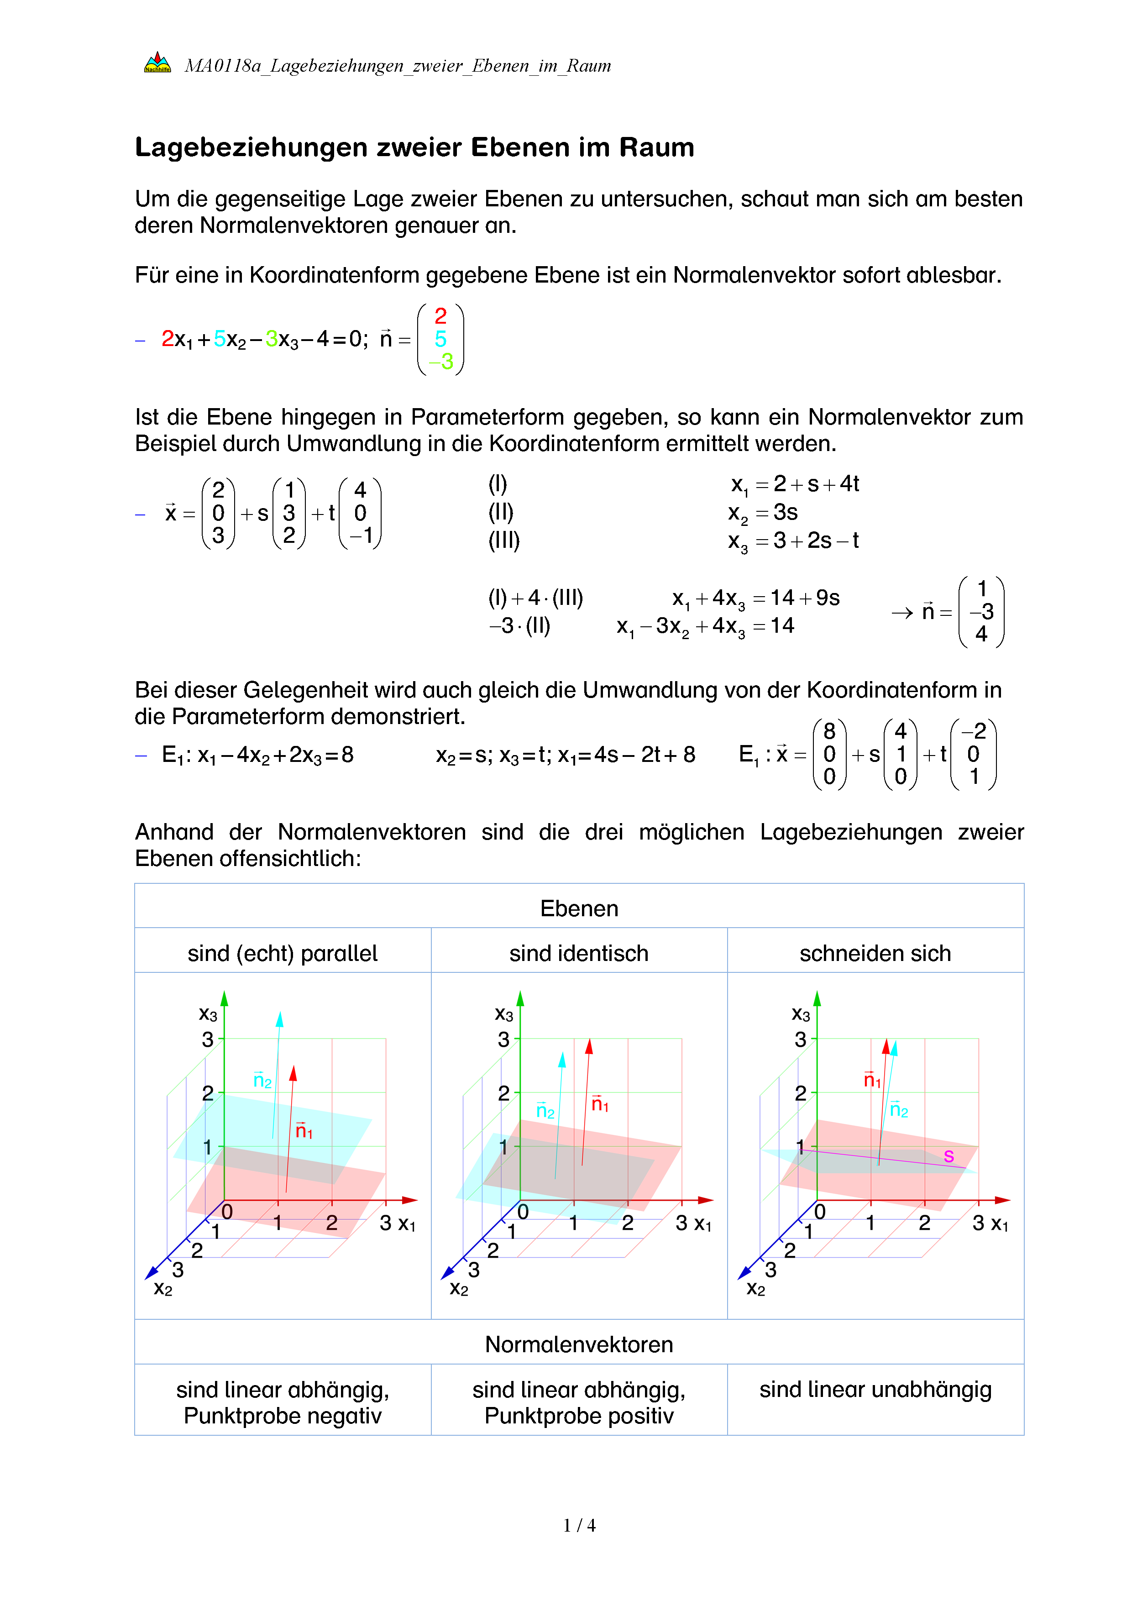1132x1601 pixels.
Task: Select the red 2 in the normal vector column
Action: pos(440,316)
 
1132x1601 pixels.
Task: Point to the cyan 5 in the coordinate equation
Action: pos(220,339)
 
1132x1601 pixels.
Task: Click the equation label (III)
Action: pos(503,541)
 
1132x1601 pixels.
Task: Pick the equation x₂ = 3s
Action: pos(763,513)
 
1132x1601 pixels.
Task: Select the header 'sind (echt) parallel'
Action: pos(282,953)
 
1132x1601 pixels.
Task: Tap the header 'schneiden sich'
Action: pos(875,953)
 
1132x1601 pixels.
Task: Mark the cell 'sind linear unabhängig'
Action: pos(875,1390)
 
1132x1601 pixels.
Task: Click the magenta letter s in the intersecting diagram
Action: pos(949,1156)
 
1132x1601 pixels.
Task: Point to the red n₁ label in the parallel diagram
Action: pos(304,1130)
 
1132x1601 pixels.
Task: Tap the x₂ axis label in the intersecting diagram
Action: pos(755,1289)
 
